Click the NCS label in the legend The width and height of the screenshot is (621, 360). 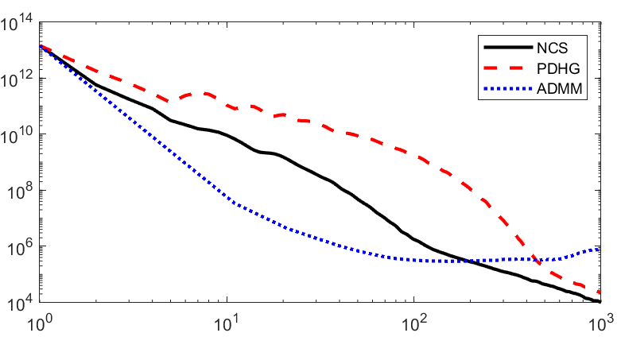552,48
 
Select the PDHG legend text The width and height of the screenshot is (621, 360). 558,68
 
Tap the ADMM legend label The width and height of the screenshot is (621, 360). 560,88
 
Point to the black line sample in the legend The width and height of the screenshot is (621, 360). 508,48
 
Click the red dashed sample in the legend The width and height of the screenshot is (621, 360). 508,68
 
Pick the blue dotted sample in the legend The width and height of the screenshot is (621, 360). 508,89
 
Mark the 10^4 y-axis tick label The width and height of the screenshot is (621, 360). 20,303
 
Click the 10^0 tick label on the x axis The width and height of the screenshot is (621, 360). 40,323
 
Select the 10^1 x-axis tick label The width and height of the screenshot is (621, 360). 227,323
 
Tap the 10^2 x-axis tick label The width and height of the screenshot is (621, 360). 414,323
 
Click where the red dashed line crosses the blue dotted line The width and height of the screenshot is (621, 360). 534,259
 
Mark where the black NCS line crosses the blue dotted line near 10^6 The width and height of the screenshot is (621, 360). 470,261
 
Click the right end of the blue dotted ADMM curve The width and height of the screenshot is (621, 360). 600,249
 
